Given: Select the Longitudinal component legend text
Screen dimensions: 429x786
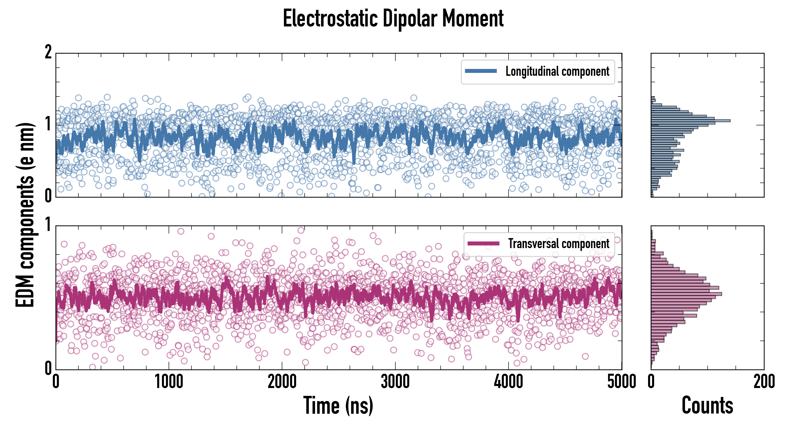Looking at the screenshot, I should point(557,71).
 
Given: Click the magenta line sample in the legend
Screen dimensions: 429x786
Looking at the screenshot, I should point(483,243).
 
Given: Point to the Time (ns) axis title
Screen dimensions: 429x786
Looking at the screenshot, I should point(338,405).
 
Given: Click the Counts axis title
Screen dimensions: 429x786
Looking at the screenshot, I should point(707,405).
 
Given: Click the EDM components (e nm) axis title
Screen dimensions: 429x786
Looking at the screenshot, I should point(25,215).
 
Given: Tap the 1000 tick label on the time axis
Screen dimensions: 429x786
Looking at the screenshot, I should point(169,382).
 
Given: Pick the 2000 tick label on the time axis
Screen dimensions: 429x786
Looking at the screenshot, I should point(282,382).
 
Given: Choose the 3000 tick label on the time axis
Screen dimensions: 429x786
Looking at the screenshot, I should point(395,382).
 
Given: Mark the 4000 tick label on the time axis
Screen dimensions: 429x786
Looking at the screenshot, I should point(508,382).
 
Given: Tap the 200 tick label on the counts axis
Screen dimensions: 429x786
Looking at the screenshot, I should point(764,382).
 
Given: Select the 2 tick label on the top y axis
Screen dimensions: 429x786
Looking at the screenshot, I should point(48,52).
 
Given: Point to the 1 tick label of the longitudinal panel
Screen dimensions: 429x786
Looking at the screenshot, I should point(48,124).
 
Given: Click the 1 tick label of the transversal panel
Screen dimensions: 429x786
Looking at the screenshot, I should point(48,225).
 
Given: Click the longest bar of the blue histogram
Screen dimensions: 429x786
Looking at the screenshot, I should point(690,121).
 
